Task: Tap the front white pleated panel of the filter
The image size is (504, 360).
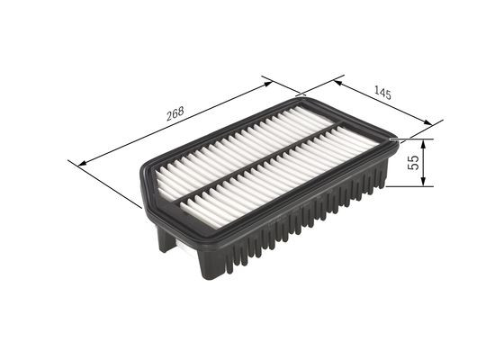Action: click(x=288, y=180)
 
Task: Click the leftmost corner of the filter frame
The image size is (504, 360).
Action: click(x=139, y=180)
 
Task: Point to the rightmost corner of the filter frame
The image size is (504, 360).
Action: click(x=395, y=140)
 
